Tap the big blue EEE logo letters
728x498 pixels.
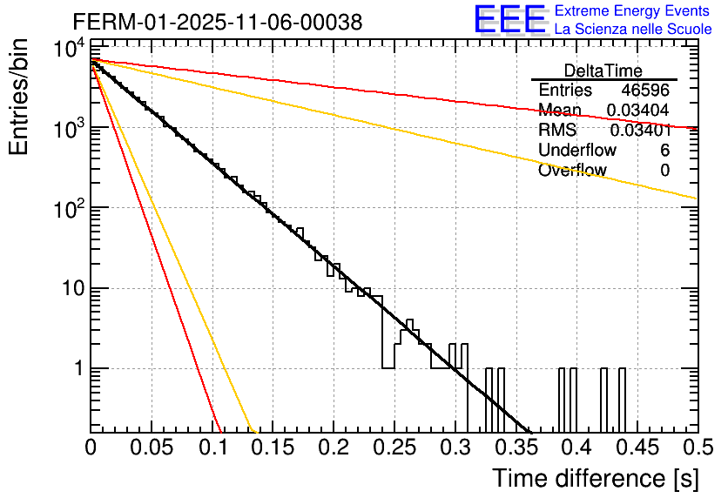point(509,20)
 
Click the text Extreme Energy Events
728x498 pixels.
point(633,11)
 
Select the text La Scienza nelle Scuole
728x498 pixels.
point(633,30)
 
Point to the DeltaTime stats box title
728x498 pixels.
point(603,71)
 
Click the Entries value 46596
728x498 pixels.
point(645,91)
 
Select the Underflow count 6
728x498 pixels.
point(664,151)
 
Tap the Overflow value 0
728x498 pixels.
point(664,171)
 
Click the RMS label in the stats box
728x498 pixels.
point(557,131)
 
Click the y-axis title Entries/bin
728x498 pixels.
point(20,97)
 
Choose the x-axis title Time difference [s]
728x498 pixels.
point(595,478)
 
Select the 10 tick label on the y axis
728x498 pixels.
point(69,288)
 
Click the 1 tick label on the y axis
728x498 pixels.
point(76,368)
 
